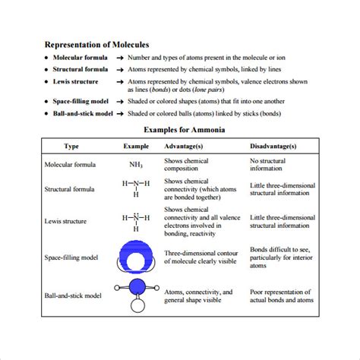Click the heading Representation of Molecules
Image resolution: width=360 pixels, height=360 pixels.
[x=96, y=45]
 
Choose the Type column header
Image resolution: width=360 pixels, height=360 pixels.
[x=71, y=146]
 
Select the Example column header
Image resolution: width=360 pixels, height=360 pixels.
[x=136, y=146]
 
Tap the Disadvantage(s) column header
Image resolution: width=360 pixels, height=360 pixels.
[x=273, y=146]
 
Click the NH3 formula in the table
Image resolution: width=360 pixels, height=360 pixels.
[x=136, y=164]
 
